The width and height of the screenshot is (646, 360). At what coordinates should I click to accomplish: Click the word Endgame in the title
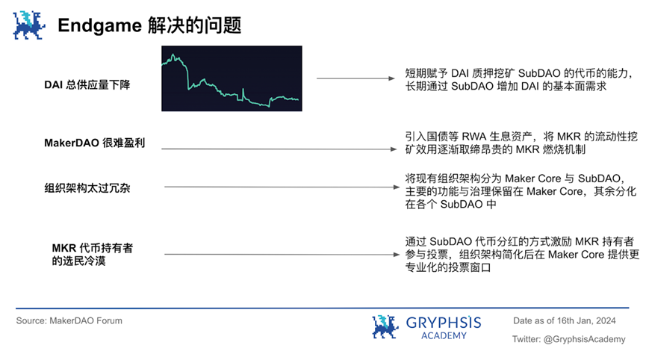tap(100, 26)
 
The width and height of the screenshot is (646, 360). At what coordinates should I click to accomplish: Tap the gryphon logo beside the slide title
tap(29, 25)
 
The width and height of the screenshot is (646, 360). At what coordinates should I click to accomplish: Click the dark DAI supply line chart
tap(232, 78)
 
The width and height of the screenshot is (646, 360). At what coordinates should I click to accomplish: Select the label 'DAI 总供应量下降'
tap(87, 85)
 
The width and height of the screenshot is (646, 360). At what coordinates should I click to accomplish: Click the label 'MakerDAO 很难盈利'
tap(95, 143)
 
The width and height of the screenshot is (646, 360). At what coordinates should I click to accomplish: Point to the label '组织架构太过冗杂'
tap(87, 188)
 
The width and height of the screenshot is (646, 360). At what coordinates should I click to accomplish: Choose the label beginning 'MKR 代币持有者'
tap(93, 255)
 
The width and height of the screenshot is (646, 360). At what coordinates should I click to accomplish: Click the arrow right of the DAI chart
tap(355, 78)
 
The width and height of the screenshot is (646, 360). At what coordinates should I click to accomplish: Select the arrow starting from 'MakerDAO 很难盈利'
tap(279, 149)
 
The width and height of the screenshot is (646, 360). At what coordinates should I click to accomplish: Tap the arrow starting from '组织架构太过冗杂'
tap(282, 187)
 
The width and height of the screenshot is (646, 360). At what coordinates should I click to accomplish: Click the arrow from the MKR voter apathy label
tap(282, 255)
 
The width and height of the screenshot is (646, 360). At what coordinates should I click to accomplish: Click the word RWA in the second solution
tap(473, 137)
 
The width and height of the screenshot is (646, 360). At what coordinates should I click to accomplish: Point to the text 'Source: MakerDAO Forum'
tap(69, 321)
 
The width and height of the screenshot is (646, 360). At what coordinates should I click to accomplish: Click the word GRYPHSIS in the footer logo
tap(444, 322)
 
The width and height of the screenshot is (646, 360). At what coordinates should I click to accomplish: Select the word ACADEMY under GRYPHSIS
tap(444, 335)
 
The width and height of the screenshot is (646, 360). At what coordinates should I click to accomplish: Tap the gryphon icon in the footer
tap(385, 326)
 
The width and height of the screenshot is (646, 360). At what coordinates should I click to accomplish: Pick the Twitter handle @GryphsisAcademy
tap(584, 339)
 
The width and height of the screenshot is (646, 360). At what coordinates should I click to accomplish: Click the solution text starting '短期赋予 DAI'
tap(519, 80)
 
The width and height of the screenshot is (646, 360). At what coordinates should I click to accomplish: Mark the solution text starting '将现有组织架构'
tap(521, 191)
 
